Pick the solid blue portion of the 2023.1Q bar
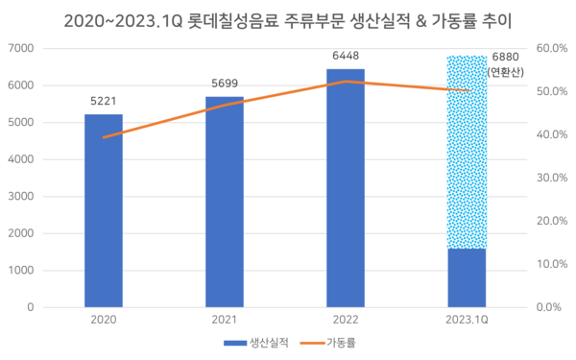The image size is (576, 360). click(x=467, y=278)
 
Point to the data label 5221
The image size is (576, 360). click(x=103, y=99)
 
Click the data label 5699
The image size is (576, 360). click(x=224, y=82)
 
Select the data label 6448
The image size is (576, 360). click(x=346, y=56)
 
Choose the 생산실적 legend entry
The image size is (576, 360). click(x=253, y=343)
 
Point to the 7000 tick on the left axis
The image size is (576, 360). click(x=21, y=48)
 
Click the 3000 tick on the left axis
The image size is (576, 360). click(x=21, y=196)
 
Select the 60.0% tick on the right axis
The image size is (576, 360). click(x=554, y=48)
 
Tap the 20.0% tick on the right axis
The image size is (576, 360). click(x=554, y=221)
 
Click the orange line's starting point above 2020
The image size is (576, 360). click(x=103, y=137)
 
